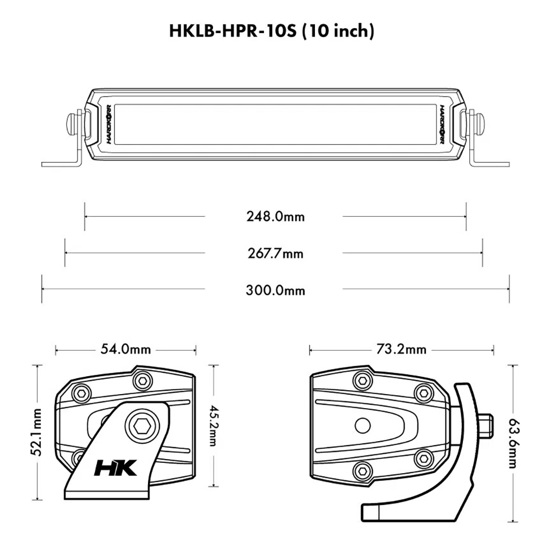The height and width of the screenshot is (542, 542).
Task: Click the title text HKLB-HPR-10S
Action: tap(233, 31)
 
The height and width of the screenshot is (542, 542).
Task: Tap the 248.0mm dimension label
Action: tap(275, 217)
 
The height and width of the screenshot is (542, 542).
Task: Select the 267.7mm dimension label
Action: tap(275, 254)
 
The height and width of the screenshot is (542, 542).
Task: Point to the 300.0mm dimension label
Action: tap(275, 290)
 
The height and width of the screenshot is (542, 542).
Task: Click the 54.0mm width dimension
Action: tap(126, 349)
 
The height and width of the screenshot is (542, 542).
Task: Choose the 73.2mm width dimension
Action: tap(401, 349)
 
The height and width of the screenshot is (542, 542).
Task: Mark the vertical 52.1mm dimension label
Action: tap(37, 432)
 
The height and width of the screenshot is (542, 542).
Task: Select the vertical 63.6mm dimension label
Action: tap(513, 443)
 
